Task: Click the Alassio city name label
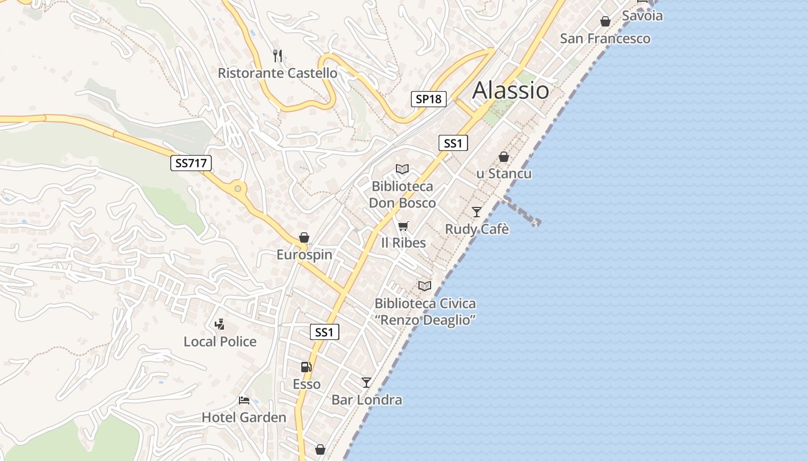click(x=511, y=90)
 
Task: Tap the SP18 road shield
click(x=429, y=99)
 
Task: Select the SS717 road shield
click(x=191, y=163)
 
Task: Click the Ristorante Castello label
click(x=278, y=73)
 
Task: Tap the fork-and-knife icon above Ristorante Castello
click(x=278, y=55)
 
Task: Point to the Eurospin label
click(x=304, y=255)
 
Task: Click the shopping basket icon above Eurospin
click(x=304, y=237)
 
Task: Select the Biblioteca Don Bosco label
click(x=402, y=195)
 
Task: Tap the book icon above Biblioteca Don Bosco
click(x=402, y=169)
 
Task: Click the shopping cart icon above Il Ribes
click(x=403, y=225)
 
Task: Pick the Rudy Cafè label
click(x=477, y=229)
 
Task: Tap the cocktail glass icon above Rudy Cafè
click(x=477, y=212)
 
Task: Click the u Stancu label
click(x=504, y=173)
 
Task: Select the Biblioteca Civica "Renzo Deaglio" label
click(x=425, y=312)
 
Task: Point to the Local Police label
click(x=220, y=342)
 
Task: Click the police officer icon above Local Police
click(x=219, y=324)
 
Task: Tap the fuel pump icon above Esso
click(x=306, y=366)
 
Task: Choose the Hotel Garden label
click(x=244, y=418)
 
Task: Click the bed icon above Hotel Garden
click(x=244, y=400)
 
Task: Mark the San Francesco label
click(x=605, y=39)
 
